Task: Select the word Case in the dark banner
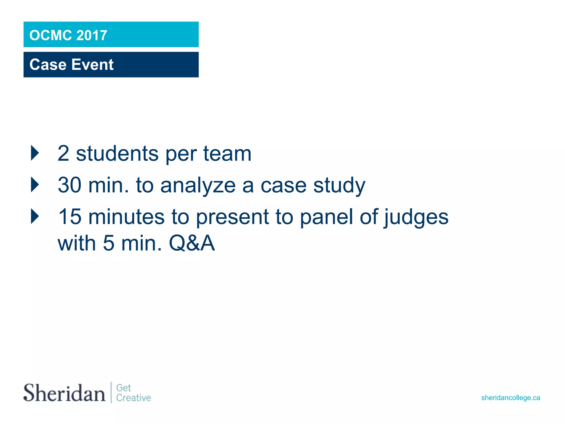click(x=48, y=65)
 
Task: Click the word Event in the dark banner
click(x=92, y=65)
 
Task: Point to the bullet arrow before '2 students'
click(x=35, y=153)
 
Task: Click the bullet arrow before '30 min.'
click(x=35, y=185)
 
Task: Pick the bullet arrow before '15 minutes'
click(x=35, y=216)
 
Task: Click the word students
click(x=117, y=153)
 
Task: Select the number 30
click(x=70, y=185)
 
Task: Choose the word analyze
click(x=198, y=185)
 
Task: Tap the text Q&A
click(x=192, y=243)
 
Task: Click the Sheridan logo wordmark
click(x=64, y=393)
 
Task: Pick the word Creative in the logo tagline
click(x=134, y=398)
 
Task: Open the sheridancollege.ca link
click(x=510, y=398)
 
